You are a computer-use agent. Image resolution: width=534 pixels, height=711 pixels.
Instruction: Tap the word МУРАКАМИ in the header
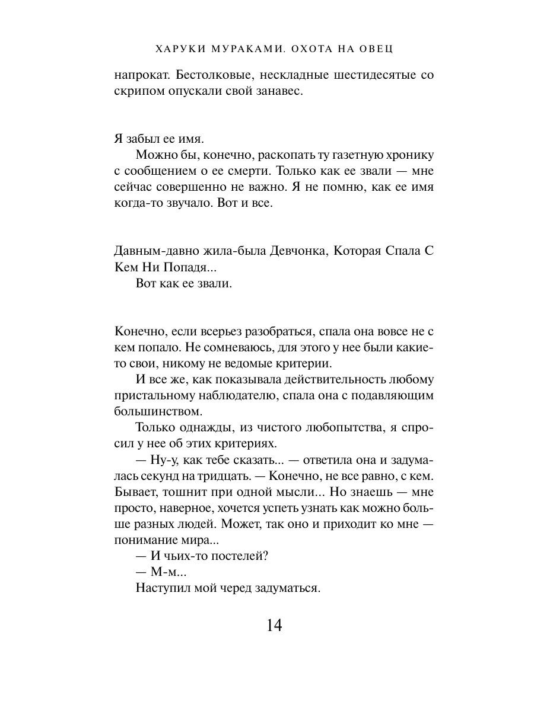[238, 49]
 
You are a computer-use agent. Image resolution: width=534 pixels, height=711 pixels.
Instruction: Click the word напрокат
[135, 75]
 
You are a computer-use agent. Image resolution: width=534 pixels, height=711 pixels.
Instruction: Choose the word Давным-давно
[148, 251]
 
